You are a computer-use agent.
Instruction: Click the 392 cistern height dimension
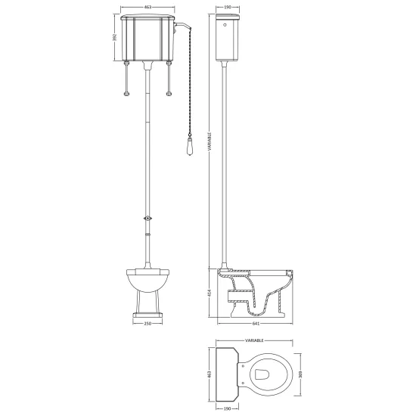click(x=115, y=37)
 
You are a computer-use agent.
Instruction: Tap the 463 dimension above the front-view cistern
click(x=147, y=7)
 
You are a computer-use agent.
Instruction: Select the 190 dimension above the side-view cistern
click(x=228, y=7)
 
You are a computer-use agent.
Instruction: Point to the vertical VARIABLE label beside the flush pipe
click(x=210, y=141)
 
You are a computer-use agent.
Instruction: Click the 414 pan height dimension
click(x=210, y=293)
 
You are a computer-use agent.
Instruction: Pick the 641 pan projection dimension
click(x=256, y=324)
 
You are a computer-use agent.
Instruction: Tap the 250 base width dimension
click(x=147, y=324)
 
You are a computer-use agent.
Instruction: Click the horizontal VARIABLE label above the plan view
click(x=254, y=340)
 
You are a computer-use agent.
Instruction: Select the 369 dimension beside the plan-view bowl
click(x=300, y=374)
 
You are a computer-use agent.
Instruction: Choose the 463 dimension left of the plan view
click(x=210, y=374)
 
